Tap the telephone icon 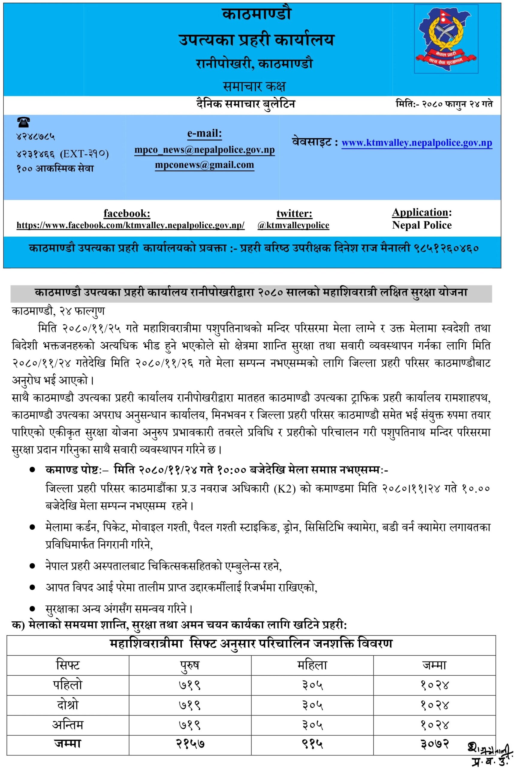(23, 123)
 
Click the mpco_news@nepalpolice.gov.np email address (204, 150)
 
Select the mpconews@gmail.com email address (204, 165)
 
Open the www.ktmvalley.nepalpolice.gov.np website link (417, 143)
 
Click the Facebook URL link (130, 225)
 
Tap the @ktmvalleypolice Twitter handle (293, 225)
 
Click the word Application (420, 213)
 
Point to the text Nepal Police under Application (422, 225)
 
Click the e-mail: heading (204, 133)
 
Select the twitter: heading (294, 214)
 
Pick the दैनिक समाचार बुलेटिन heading (246, 104)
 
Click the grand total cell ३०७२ (435, 742)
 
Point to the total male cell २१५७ (190, 742)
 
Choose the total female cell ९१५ (312, 742)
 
